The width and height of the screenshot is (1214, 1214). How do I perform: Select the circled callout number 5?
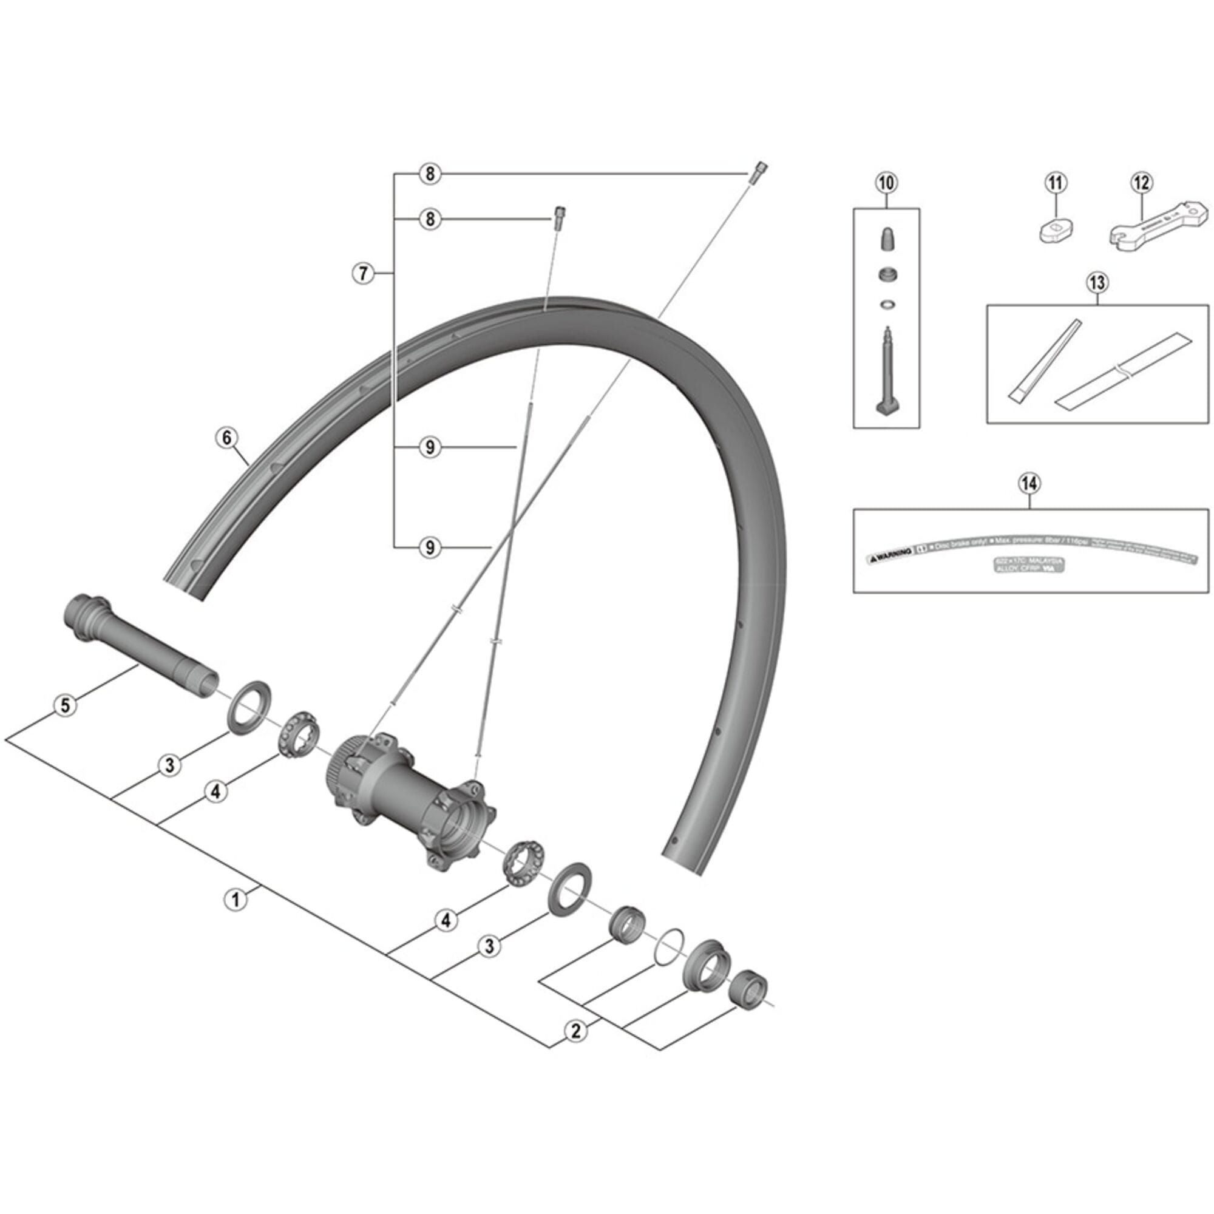coord(66,705)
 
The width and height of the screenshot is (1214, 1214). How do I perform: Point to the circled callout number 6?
coord(227,437)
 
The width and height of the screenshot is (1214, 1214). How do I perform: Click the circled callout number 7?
coord(362,273)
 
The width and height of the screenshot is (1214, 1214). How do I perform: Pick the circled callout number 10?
coord(886,183)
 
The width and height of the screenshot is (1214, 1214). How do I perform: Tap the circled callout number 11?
coord(1056,183)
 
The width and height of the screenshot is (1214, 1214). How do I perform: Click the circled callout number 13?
coord(1096,282)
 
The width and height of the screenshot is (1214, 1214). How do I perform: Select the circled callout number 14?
coord(1030,483)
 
